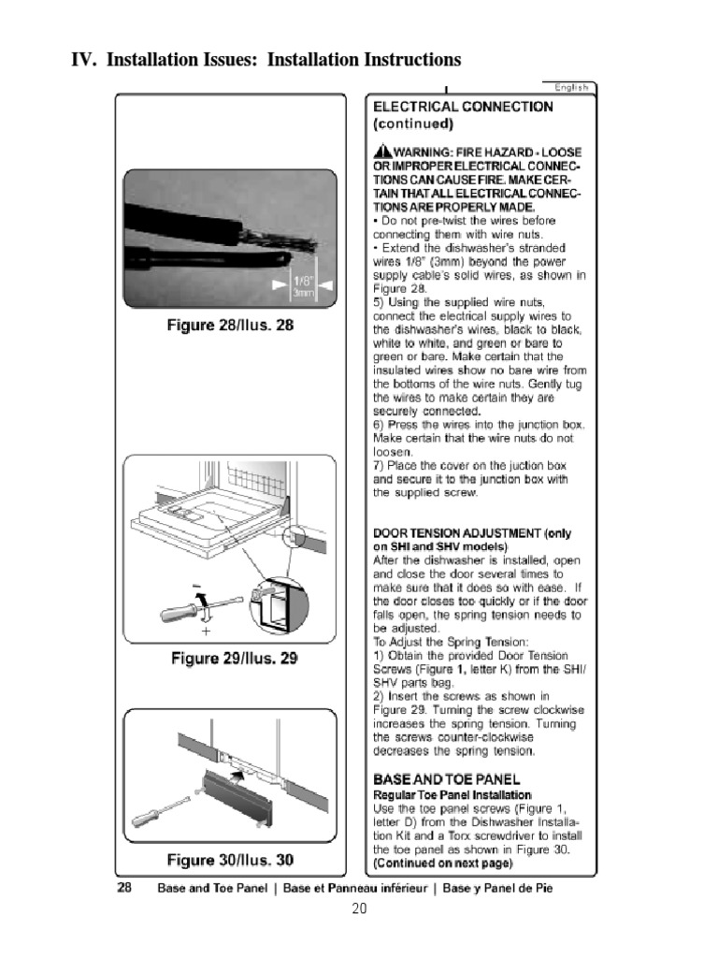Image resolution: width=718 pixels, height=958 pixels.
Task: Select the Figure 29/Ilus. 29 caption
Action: [234, 659]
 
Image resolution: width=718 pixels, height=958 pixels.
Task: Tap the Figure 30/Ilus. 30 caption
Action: [230, 860]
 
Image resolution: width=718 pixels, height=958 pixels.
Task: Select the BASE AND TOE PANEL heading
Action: [446, 778]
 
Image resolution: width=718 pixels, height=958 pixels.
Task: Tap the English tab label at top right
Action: [570, 88]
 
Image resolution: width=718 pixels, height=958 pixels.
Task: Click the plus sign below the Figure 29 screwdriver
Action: [205, 631]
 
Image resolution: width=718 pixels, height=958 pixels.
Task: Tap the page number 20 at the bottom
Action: [359, 908]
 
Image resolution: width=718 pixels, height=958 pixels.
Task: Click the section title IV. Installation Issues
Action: [266, 61]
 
